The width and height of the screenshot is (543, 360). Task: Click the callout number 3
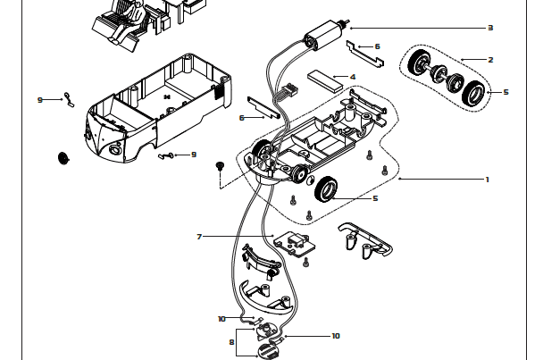pyautogui.click(x=490, y=28)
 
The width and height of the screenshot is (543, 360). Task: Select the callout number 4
pyautogui.click(x=353, y=77)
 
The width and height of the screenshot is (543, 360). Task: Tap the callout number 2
pyautogui.click(x=490, y=60)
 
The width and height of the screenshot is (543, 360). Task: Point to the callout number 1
pyautogui.click(x=488, y=180)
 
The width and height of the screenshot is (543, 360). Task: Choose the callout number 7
pyautogui.click(x=200, y=237)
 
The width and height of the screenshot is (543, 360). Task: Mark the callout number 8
pyautogui.click(x=231, y=340)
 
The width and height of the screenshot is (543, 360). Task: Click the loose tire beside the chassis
pyautogui.click(x=328, y=188)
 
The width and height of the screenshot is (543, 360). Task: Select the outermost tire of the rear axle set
pyautogui.click(x=475, y=93)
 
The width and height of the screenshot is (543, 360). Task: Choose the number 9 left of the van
pyautogui.click(x=39, y=100)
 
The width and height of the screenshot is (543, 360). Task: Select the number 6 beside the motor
pyautogui.click(x=377, y=46)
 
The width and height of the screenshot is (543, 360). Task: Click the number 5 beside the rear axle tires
pyautogui.click(x=505, y=92)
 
